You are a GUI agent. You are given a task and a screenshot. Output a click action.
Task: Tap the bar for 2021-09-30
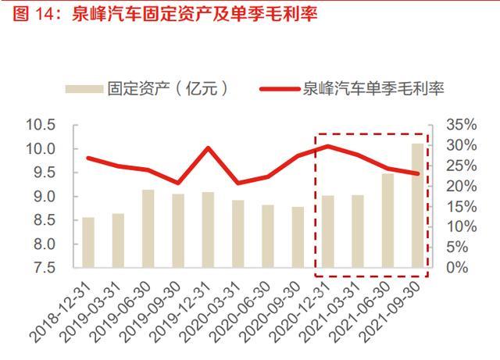418,205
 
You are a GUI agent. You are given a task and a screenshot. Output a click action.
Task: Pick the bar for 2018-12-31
87,242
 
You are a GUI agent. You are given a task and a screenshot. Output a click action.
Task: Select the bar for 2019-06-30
148,228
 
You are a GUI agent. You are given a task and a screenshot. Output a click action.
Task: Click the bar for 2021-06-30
388,220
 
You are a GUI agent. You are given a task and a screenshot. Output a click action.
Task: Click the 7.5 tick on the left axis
45,268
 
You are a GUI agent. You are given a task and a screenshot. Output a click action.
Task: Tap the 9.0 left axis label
45,197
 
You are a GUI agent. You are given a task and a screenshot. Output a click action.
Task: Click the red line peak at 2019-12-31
208,148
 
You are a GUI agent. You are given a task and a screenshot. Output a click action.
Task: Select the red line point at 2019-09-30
177,182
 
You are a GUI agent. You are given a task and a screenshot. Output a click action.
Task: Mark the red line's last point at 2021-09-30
418,173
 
